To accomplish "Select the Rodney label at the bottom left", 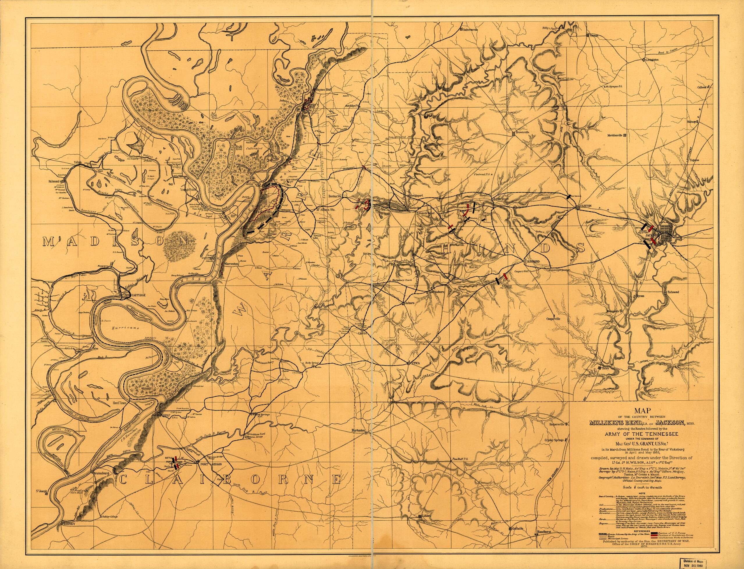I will coord(69,552).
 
